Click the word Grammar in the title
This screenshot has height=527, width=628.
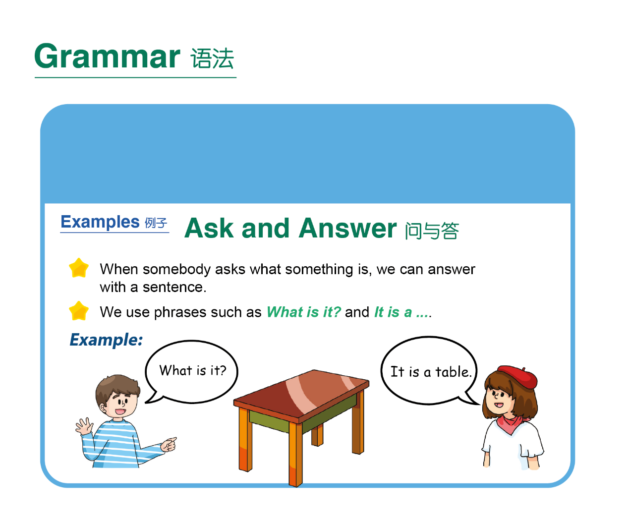107,56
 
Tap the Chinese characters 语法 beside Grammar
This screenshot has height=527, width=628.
212,58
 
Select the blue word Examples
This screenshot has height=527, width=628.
100,222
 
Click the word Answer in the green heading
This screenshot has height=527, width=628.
347,229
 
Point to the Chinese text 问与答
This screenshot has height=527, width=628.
432,231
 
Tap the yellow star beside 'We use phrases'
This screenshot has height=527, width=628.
79,311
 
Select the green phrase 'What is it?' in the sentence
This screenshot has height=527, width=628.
303,312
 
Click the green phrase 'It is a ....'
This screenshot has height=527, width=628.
403,312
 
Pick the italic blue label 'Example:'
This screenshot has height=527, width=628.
106,340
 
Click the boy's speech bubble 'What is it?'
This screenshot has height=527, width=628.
191,372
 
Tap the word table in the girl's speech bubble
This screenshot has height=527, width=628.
453,372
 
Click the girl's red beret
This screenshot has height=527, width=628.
518,376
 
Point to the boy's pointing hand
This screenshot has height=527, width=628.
169,444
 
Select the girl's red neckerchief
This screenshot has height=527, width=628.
512,423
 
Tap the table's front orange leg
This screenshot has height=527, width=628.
295,454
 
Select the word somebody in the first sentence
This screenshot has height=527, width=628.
176,269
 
